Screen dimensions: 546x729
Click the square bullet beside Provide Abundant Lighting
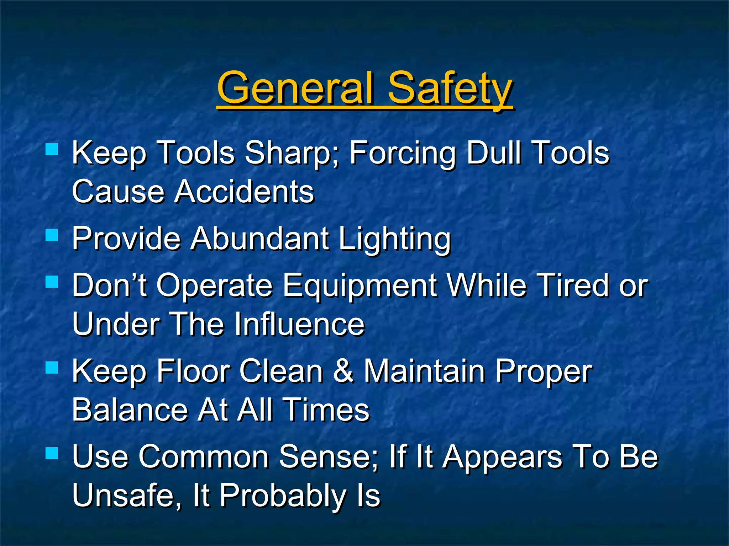click(52, 235)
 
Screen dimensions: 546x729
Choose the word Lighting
click(394, 239)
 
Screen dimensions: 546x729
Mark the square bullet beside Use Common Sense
click(52, 453)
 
